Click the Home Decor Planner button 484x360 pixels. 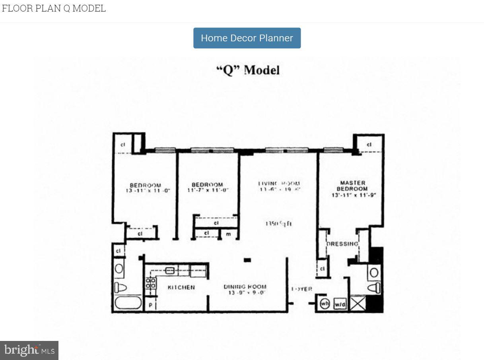[x=247, y=38]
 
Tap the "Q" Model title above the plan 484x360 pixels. [x=248, y=70]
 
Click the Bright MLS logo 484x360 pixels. [x=29, y=350]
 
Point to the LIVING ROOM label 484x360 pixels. [x=279, y=184]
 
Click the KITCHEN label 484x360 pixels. [x=181, y=287]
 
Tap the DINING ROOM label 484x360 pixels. [x=245, y=286]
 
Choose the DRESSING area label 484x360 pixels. [x=342, y=244]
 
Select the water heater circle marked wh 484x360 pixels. [x=325, y=304]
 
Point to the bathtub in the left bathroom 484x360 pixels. [x=128, y=303]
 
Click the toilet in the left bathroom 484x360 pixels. [x=120, y=287]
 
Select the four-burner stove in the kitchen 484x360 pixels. [x=151, y=283]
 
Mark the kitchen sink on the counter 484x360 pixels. [x=170, y=271]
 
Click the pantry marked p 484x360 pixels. [x=150, y=304]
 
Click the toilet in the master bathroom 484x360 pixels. [x=374, y=288]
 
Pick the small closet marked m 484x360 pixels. [x=228, y=234]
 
